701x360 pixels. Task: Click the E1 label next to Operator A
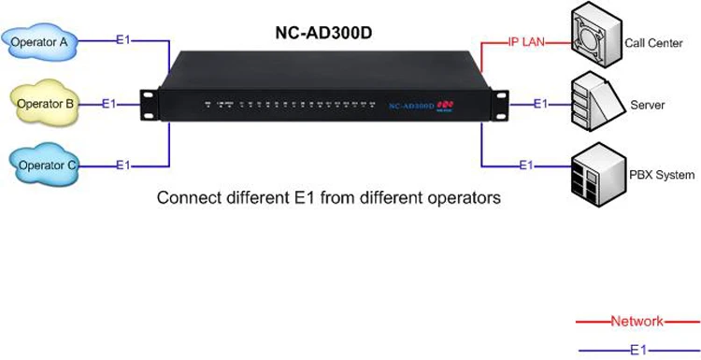coord(123,40)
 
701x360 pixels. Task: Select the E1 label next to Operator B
coord(109,103)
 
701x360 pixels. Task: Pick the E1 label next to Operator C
coord(123,166)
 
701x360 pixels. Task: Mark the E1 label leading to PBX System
coord(525,166)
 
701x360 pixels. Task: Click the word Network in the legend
coord(637,321)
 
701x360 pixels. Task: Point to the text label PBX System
coord(662,175)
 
